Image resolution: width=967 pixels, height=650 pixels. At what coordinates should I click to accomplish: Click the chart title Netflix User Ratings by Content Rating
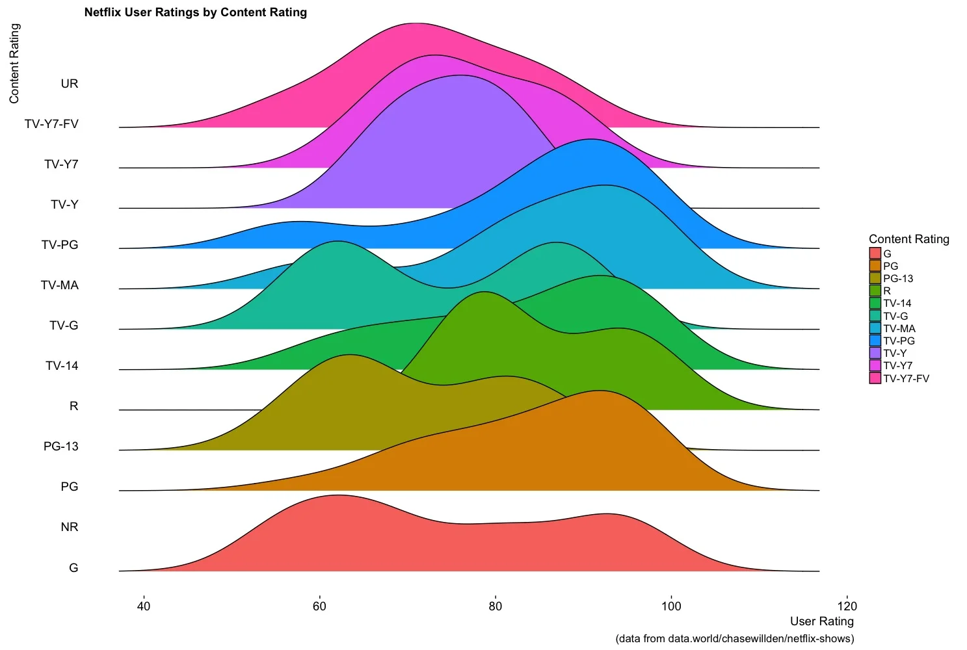point(195,12)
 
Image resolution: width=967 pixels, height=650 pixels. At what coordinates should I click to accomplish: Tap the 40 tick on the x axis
point(144,606)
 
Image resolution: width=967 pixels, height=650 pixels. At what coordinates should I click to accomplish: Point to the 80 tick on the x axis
point(496,606)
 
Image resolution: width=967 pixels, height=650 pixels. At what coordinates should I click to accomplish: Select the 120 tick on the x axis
point(847,606)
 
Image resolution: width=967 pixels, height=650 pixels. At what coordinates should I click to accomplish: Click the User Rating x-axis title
point(821,621)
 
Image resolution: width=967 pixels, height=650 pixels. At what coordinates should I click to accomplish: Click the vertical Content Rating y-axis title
point(14,63)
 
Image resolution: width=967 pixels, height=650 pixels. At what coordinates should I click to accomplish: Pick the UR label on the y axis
point(69,84)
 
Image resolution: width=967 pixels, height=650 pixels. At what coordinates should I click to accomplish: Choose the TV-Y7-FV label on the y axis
point(51,124)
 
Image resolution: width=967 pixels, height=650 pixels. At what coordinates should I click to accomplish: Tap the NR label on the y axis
point(69,527)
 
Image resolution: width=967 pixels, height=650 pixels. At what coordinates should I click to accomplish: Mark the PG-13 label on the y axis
point(61,447)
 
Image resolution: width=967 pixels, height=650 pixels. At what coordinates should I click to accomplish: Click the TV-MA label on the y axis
point(60,285)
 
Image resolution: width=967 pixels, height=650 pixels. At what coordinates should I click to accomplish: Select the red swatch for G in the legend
point(875,253)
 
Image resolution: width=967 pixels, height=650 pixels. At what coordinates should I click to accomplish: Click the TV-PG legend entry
point(899,341)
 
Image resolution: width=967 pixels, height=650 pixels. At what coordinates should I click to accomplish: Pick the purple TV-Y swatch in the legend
point(875,353)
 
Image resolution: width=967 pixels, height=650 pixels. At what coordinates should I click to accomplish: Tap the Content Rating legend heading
point(908,239)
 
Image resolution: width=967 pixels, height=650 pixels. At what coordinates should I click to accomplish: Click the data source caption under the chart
point(734,638)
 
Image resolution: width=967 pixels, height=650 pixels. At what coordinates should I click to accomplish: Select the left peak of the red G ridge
point(337,496)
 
